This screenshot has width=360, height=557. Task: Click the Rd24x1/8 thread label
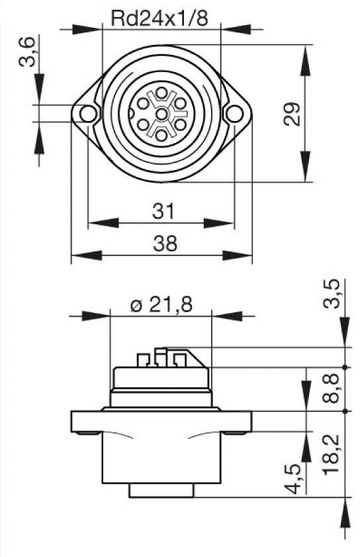(159, 18)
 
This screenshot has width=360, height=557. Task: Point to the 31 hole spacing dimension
(163, 211)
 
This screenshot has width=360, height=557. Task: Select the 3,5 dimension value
(335, 294)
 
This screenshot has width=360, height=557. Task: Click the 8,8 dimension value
(335, 389)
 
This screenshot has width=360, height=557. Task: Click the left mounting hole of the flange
(87, 114)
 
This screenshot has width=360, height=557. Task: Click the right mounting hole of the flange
(233, 114)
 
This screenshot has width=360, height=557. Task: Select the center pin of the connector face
(160, 114)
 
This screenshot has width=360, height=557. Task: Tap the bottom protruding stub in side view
(161, 490)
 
